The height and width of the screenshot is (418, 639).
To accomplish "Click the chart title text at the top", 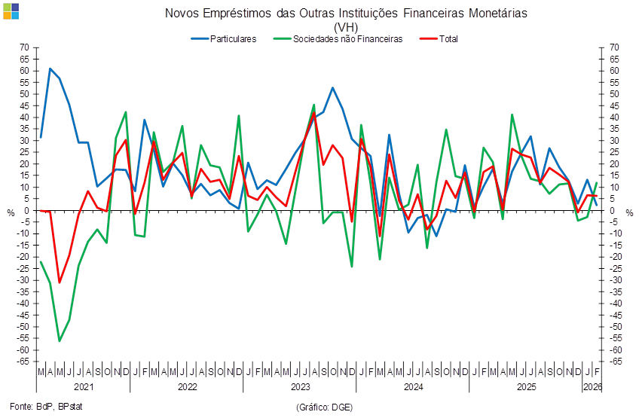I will tap(345, 13).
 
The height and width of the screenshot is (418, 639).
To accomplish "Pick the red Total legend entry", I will tap(448, 38).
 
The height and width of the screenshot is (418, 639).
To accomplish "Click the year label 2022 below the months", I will tap(187, 387).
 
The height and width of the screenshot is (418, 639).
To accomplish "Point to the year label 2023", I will tap(300, 387).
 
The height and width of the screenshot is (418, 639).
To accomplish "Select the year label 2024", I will tap(413, 387).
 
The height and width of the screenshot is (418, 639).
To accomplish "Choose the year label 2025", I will tap(525, 387).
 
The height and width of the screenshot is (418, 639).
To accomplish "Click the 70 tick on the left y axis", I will tap(24, 47).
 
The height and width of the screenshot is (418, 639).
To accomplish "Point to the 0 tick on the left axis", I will tap(26, 210).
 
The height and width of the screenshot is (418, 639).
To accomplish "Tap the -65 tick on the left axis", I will tap(24, 362).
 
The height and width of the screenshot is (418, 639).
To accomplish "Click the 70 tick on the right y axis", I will tap(615, 47).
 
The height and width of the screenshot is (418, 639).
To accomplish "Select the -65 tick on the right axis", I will tap(615, 362).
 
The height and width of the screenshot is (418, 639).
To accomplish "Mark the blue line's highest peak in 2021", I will tap(50, 69).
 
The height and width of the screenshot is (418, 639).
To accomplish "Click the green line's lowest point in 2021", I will tap(60, 341).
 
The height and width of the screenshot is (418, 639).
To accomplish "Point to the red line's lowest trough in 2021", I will tap(60, 282).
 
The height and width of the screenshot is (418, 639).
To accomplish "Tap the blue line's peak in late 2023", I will tap(332, 88).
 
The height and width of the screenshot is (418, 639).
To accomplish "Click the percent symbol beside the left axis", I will tap(11, 212).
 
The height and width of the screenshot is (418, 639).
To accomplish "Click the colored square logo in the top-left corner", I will tap(11, 11).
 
